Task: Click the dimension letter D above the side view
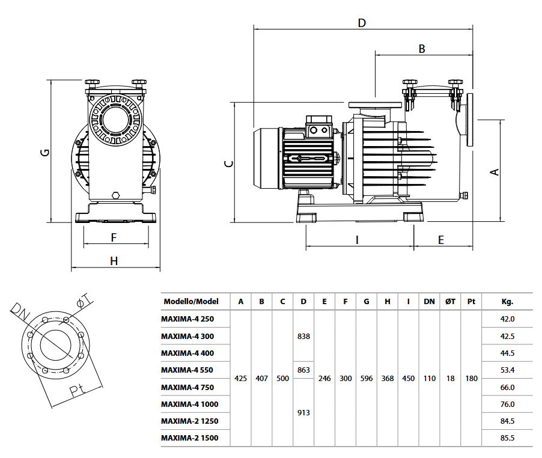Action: coord(362,23)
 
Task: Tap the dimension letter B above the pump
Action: coord(422,49)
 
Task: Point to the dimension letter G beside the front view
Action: coord(44,152)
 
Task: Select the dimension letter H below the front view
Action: coord(114,261)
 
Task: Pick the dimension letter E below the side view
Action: coord(440,240)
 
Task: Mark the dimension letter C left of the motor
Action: coord(228,163)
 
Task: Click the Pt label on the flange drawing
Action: coord(76,391)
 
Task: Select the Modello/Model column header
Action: coord(190,302)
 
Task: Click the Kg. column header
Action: coord(507,302)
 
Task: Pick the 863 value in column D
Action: coord(303,370)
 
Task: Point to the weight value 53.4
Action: coord(507,370)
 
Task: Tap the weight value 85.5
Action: coord(507,438)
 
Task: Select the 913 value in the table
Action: coord(303,413)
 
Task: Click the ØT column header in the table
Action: coord(450,302)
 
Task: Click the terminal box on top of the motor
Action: coord(318,127)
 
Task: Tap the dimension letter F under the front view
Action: coord(114,237)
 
